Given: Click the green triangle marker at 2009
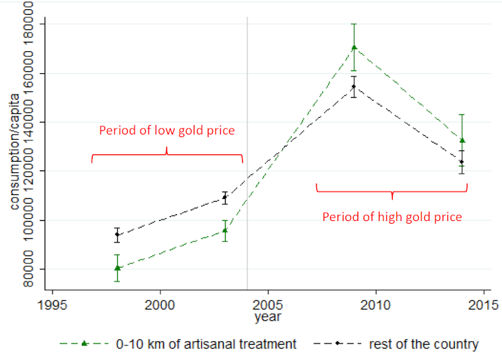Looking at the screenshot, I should pyautogui.click(x=354, y=47).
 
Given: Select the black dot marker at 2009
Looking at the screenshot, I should pyautogui.click(x=354, y=86).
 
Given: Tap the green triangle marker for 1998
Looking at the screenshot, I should pyautogui.click(x=117, y=268).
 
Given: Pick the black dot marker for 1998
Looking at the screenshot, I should pyautogui.click(x=117, y=234).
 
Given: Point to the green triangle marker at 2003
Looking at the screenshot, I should pyautogui.click(x=225, y=230).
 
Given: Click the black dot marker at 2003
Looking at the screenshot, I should pyautogui.click(x=225, y=197).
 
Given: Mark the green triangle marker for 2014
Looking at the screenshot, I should pyautogui.click(x=462, y=140).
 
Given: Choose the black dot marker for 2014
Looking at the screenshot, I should pyautogui.click(x=462, y=162).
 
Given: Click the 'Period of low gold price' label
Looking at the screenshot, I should pyautogui.click(x=166, y=130).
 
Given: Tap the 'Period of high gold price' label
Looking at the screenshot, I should pyautogui.click(x=392, y=217).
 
